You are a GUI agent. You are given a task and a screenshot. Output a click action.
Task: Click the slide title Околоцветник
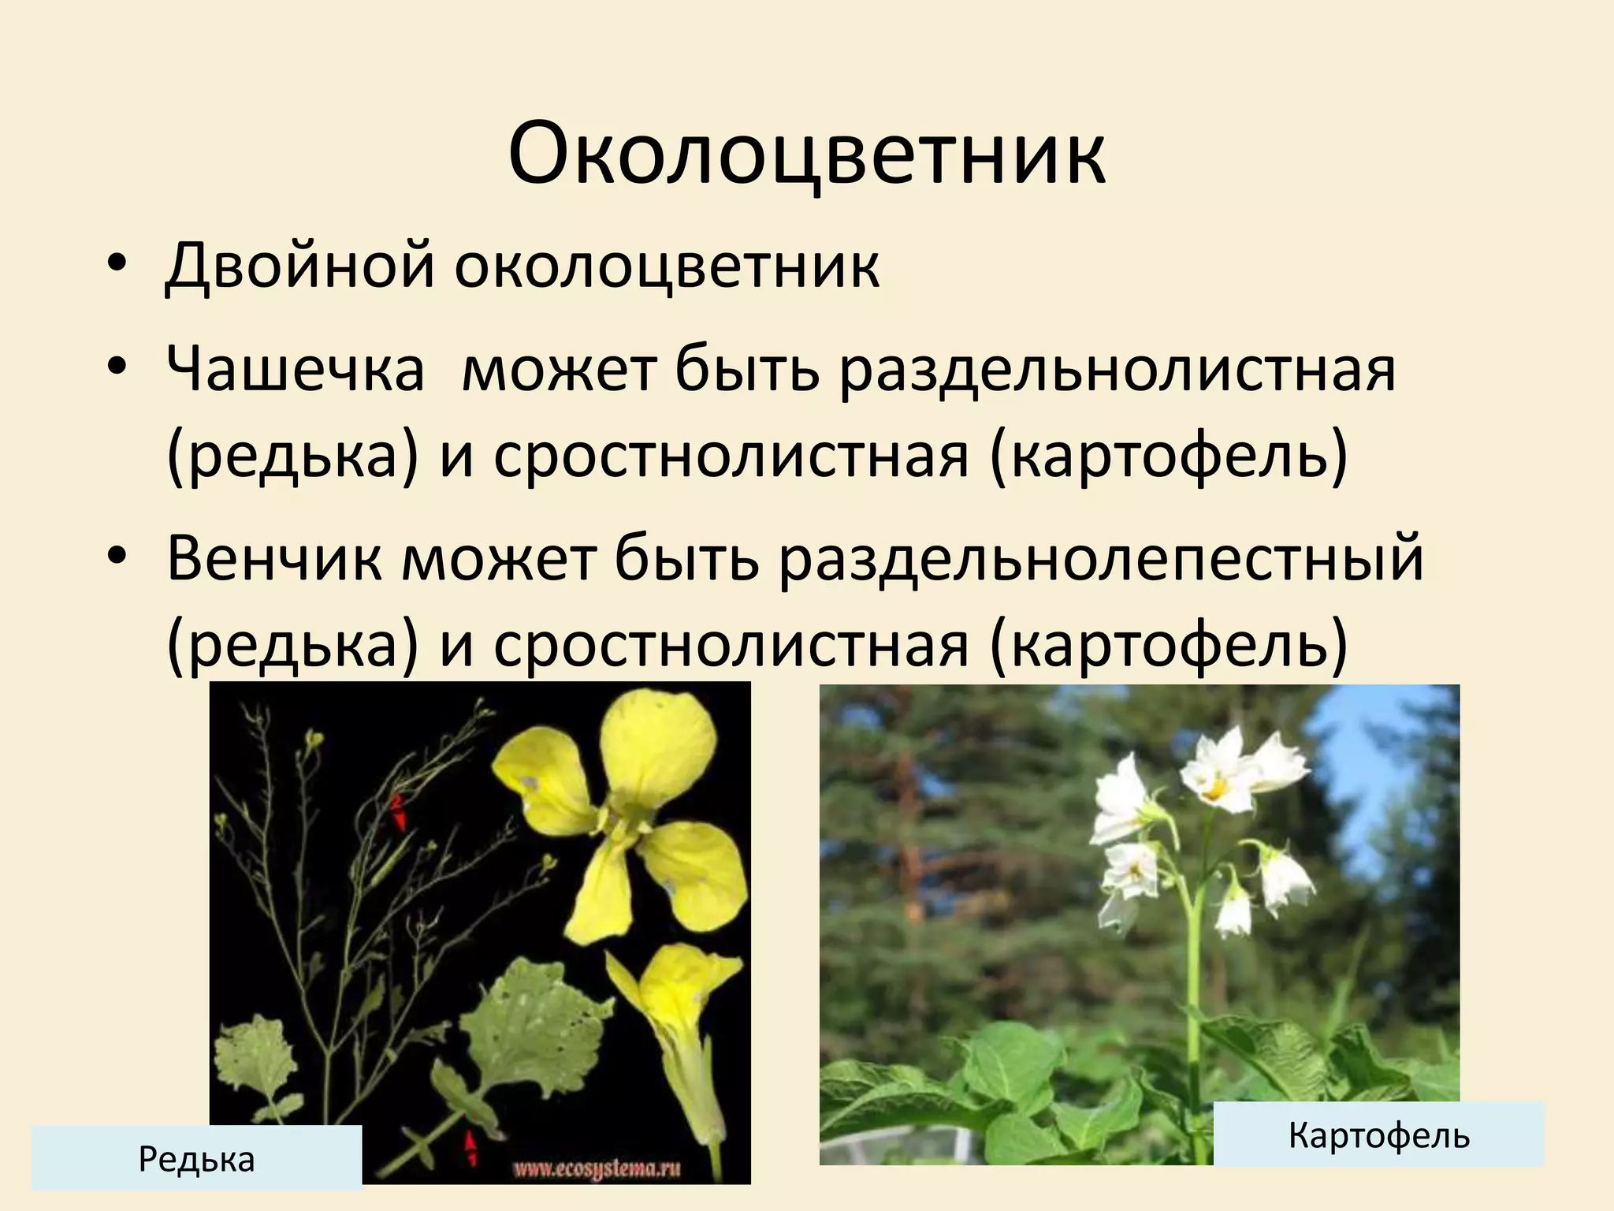point(806,154)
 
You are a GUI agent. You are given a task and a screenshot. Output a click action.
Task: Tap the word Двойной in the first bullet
point(299,266)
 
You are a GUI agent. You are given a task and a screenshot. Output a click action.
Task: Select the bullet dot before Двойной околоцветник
point(117,266)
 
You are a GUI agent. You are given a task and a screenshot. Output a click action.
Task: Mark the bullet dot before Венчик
point(117,559)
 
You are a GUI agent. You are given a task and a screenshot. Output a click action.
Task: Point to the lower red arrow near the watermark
point(471,1146)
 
